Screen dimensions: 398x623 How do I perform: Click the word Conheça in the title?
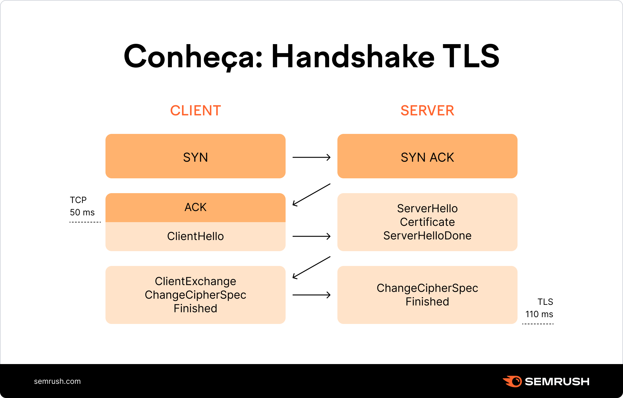tap(193, 56)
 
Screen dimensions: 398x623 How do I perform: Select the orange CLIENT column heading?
tap(196, 110)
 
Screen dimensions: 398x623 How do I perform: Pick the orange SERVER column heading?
tap(427, 110)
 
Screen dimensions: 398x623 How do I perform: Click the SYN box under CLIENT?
tap(195, 156)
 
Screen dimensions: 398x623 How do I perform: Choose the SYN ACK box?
tap(427, 156)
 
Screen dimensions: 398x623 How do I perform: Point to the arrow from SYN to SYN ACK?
tap(311, 157)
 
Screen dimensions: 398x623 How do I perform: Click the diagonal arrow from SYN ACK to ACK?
tap(311, 195)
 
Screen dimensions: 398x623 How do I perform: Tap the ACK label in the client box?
tap(195, 207)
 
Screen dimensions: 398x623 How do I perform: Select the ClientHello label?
tap(195, 236)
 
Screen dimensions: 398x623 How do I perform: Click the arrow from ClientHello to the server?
tap(311, 236)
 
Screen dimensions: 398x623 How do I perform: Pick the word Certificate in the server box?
tap(427, 222)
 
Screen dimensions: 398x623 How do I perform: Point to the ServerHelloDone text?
tap(427, 236)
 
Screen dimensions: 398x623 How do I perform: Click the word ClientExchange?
tap(195, 281)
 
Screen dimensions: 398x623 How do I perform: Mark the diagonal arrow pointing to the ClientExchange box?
tap(311, 267)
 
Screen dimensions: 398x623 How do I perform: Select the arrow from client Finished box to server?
tap(311, 295)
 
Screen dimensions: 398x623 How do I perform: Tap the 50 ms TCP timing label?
tap(82, 212)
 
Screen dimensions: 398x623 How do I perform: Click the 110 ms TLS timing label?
tap(539, 314)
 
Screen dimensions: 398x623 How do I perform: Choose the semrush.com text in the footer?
tap(57, 381)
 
